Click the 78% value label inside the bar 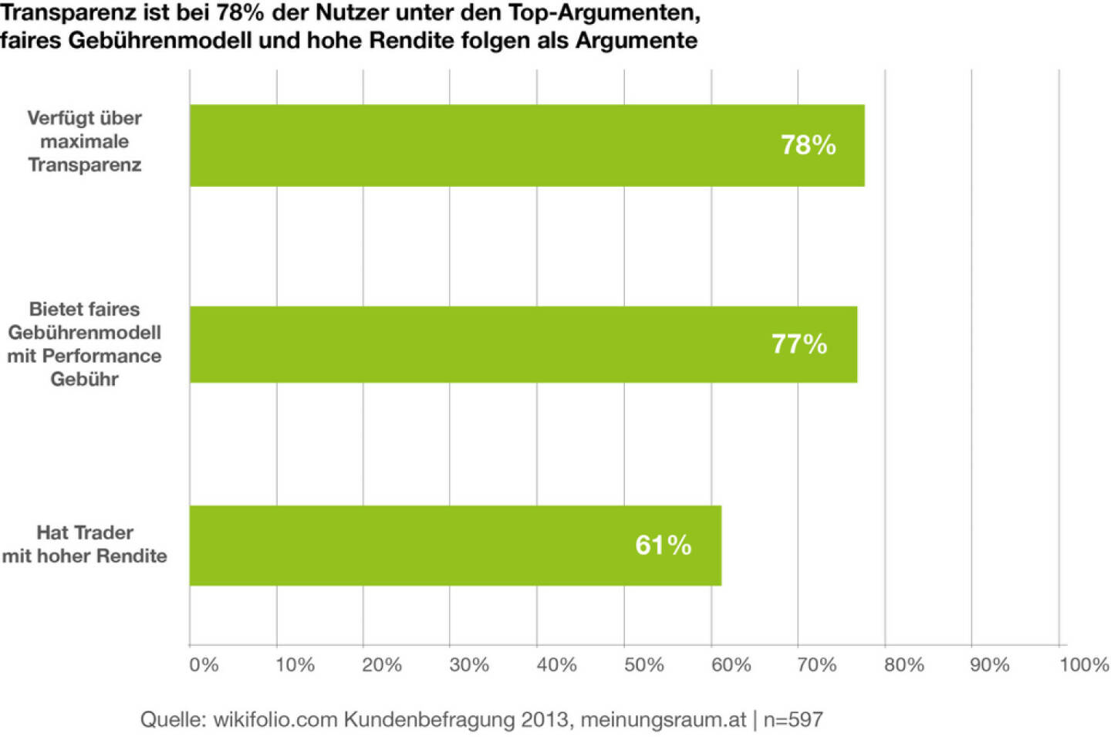(x=808, y=145)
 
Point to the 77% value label (x=799, y=344)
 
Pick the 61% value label (x=663, y=545)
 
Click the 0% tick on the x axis (x=204, y=665)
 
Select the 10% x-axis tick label (x=295, y=665)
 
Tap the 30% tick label (x=469, y=665)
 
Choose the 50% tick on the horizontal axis (x=643, y=665)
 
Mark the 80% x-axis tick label (x=903, y=665)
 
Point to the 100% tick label (x=1083, y=665)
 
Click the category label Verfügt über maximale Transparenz (x=85, y=141)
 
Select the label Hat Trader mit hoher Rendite (x=85, y=544)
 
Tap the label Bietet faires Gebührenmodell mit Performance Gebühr (x=85, y=344)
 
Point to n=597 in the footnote (x=793, y=720)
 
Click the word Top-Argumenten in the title (x=604, y=13)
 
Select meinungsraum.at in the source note (x=663, y=720)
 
